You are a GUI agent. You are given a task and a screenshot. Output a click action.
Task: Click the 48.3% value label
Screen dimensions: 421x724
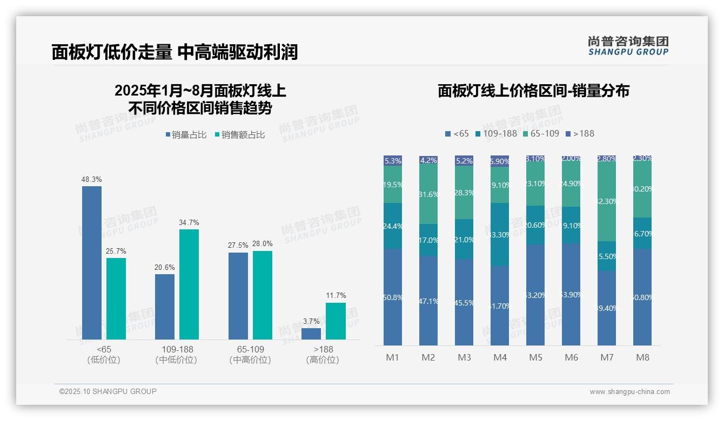tap(92, 179)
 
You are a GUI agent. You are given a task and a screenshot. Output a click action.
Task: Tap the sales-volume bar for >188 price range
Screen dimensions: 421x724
tap(311, 334)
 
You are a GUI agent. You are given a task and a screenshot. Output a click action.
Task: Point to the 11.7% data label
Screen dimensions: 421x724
tap(336, 295)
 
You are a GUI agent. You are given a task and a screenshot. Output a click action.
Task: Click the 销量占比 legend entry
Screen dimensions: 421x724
tap(186, 135)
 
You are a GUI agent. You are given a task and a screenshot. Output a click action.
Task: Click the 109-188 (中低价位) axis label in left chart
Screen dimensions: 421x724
tap(176, 354)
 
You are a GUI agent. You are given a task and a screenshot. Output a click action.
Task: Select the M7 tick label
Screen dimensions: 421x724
tap(607, 357)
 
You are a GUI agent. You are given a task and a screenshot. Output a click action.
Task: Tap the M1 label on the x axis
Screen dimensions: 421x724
tap(392, 357)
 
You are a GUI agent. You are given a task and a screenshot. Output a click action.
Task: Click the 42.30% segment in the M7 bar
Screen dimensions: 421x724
tap(607, 201)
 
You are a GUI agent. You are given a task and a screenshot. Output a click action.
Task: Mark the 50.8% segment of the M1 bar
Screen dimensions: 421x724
tap(392, 297)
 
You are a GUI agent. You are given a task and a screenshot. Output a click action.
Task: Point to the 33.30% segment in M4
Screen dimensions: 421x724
tap(500, 234)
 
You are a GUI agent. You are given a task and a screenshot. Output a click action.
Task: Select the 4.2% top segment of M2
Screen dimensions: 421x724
tap(428, 160)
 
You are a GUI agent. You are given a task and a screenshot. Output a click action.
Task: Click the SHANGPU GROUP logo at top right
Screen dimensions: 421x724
tap(628, 45)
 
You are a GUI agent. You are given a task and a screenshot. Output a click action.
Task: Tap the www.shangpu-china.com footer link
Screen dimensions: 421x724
tap(629, 392)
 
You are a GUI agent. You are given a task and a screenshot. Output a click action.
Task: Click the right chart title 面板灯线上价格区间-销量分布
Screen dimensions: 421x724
tap(533, 91)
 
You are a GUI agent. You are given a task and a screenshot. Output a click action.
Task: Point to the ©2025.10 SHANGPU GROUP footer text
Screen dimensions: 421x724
tap(108, 391)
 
